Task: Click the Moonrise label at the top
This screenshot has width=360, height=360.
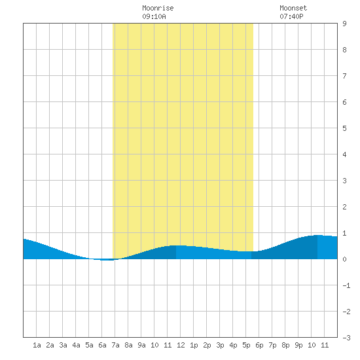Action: coord(158,8)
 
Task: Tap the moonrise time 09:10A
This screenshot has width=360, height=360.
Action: coord(154,16)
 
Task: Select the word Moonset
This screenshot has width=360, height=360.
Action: coord(293,8)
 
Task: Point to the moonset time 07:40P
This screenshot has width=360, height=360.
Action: coord(291,16)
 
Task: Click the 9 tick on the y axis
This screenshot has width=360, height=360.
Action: coord(344,24)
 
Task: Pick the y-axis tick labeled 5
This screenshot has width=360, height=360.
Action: coord(344,128)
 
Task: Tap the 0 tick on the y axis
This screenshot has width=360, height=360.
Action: coord(344,259)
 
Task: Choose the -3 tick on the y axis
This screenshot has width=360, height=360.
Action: coord(346,338)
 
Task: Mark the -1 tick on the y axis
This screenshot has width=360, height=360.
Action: coord(346,285)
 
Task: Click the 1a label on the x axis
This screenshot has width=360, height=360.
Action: coord(37,345)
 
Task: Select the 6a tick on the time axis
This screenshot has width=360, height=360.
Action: coord(102,345)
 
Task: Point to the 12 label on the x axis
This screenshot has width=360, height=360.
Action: coord(181,345)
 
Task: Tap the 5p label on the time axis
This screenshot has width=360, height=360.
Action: coord(246,345)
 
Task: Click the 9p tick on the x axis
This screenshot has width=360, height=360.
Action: coord(298,345)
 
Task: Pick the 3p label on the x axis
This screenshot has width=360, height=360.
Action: coord(220,345)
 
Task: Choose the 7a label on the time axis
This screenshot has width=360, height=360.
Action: coord(115,345)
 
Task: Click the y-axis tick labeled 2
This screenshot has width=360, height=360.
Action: coord(344,207)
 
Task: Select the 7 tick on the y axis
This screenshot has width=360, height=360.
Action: coord(344,76)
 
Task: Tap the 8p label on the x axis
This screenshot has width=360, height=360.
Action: coord(285,345)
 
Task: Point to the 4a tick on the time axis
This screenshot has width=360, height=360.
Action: coord(76,345)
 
